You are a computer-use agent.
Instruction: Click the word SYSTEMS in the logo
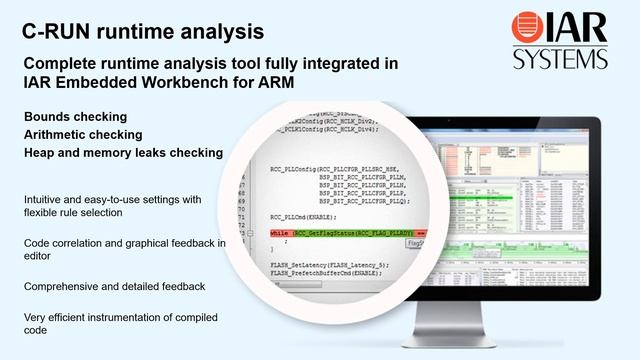point(561,59)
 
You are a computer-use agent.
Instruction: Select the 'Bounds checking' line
point(75,117)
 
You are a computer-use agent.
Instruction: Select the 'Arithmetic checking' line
point(85,135)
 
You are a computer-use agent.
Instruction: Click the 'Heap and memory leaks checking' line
point(122,153)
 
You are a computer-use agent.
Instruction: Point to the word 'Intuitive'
point(46,200)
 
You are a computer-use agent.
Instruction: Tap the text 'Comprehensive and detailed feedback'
point(115,287)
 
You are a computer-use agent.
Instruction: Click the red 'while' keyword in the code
point(278,233)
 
